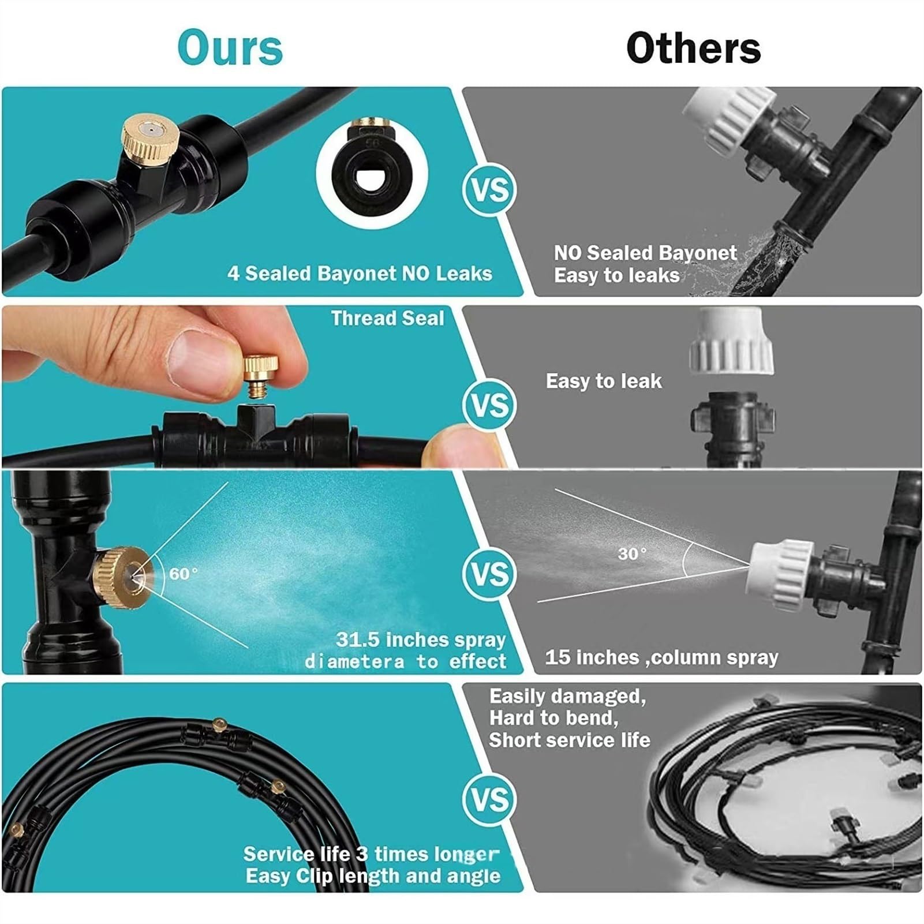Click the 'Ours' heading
tap(230, 47)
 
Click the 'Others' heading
tap(693, 47)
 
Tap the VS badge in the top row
tap(489, 190)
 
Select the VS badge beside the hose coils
tap(489, 799)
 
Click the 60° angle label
tap(184, 574)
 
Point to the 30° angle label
tap(633, 554)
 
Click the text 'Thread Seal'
tap(388, 318)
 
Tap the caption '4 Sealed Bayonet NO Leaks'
tap(360, 273)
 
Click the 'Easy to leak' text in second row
tap(604, 381)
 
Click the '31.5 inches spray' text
tap(421, 639)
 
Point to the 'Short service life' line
tap(570, 740)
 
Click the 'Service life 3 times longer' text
tap(371, 854)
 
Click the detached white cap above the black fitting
tap(731, 341)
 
